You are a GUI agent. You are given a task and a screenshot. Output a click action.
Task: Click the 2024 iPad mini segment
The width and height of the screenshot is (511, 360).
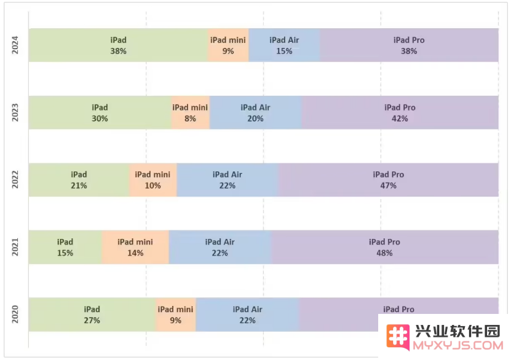pos(228,45)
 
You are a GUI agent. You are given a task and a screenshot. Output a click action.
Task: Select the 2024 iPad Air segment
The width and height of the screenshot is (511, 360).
pos(284,45)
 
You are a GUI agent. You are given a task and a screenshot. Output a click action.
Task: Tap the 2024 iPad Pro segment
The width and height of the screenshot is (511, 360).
pos(409,45)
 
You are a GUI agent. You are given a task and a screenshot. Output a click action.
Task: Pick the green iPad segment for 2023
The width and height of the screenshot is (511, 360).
pos(100,113)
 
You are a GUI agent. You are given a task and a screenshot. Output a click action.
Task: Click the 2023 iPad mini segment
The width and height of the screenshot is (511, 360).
pos(190,113)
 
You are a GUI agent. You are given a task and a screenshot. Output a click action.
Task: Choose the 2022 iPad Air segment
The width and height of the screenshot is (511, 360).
pos(228,180)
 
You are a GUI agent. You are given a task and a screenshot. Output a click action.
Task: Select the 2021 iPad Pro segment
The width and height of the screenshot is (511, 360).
pos(384,248)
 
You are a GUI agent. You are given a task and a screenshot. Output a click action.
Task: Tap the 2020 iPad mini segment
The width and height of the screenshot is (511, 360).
pos(175,315)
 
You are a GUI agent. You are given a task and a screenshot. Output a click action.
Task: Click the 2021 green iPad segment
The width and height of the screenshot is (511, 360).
pos(65,248)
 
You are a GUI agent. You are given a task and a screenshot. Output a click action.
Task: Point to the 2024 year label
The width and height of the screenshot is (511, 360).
pos(15,45)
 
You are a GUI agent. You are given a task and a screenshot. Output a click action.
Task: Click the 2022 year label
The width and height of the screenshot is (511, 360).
pos(15,180)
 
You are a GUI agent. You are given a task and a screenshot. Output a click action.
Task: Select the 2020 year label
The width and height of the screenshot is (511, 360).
pos(15,315)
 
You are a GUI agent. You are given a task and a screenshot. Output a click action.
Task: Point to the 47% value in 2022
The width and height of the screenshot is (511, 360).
pos(388,186)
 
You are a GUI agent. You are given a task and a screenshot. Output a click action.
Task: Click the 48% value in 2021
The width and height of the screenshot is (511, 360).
pos(384,253)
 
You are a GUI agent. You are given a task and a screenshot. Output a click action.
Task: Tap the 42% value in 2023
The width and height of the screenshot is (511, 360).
pos(400,119)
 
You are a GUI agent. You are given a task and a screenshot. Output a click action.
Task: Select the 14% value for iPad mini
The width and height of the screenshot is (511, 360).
pos(135,253)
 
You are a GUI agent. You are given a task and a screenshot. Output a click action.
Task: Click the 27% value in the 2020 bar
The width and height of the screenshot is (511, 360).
pos(92,320)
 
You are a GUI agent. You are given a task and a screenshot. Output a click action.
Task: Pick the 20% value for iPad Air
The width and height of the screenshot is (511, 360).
pos(255,119)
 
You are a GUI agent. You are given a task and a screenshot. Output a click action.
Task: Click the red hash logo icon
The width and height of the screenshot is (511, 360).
pos(398,336)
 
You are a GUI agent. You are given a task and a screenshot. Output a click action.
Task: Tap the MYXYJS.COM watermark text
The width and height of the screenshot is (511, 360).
pos(458,347)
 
